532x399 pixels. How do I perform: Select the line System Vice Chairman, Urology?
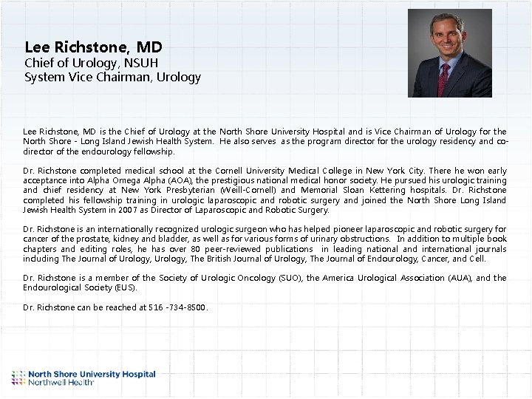pos(112,77)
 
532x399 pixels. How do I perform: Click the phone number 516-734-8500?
pos(177,307)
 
